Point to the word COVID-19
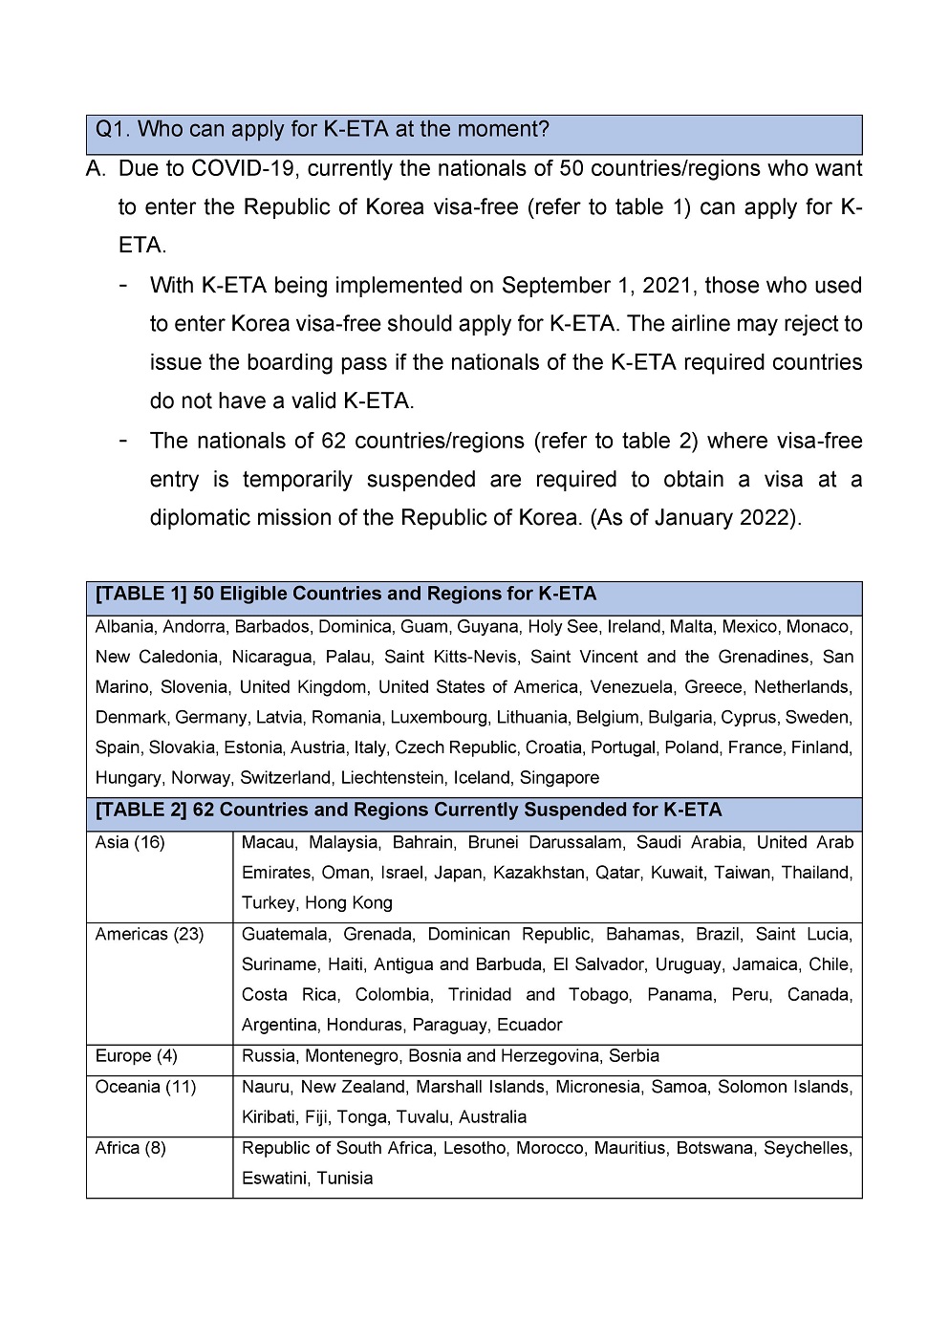coord(245,169)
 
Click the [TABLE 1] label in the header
coord(140,594)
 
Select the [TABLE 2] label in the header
coord(140,810)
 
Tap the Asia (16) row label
coord(130,843)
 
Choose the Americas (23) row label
coord(149,934)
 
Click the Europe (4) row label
coord(137,1056)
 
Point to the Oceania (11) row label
coord(145,1087)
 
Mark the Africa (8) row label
coord(131,1148)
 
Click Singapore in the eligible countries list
coord(559,778)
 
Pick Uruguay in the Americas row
coord(660,964)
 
